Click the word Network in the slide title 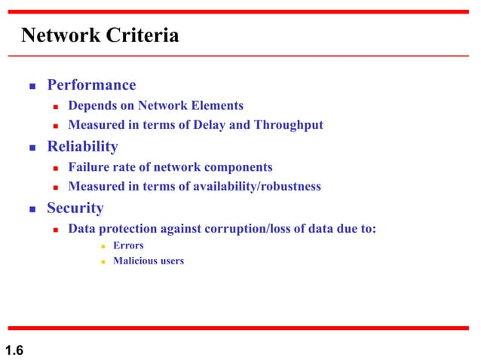[57, 35]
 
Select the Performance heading [91, 85]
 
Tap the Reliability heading [82, 146]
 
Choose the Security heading [75, 208]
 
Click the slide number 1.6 [14, 349]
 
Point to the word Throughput [287, 125]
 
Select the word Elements [216, 105]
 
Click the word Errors [128, 246]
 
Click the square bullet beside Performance [32, 86]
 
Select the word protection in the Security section [129, 229]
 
